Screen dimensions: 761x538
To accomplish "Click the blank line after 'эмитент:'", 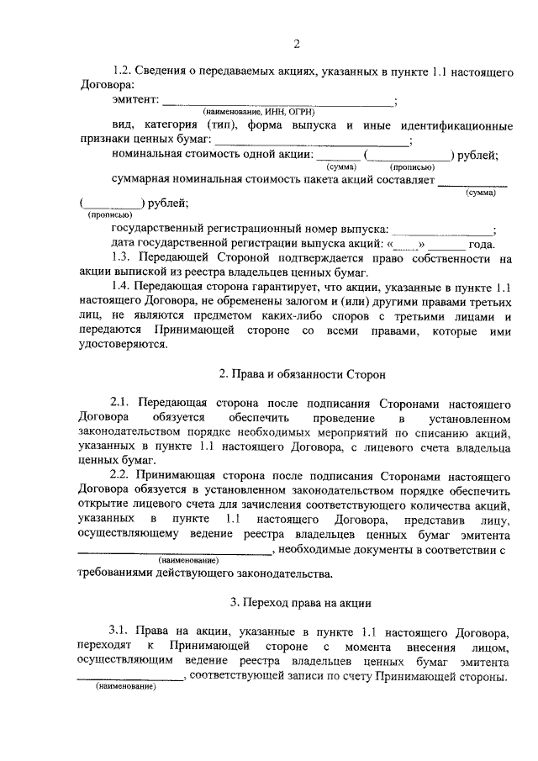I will pyautogui.click(x=277, y=103).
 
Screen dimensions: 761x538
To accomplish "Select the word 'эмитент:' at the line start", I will pyautogui.click(x=134, y=100).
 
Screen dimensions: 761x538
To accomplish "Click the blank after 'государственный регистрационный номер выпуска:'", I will pyautogui.click(x=443, y=230).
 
